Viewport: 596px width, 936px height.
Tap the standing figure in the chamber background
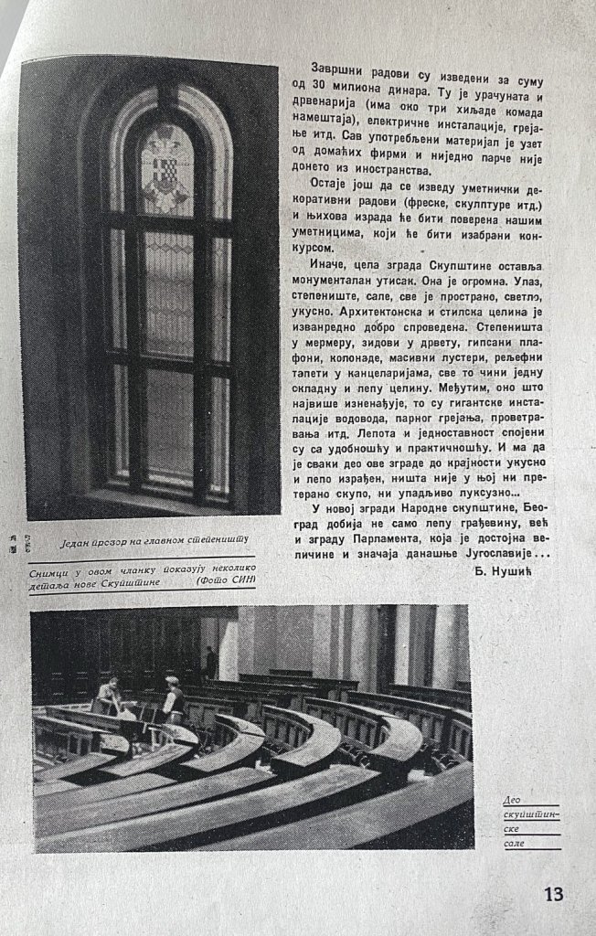210,660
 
